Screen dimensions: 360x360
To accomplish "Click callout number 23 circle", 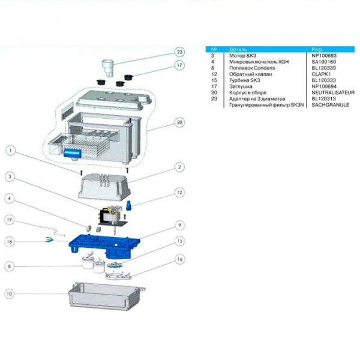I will pos(179,52).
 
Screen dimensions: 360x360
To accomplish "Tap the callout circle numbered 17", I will pos(179,65).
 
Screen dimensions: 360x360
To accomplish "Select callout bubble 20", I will pos(179,123).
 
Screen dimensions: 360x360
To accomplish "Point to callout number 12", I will pos(179,193).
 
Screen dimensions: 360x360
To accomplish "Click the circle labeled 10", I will pos(10,295).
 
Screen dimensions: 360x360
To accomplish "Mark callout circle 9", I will pos(179,226).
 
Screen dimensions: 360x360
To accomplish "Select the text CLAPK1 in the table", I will pos(321,74).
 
